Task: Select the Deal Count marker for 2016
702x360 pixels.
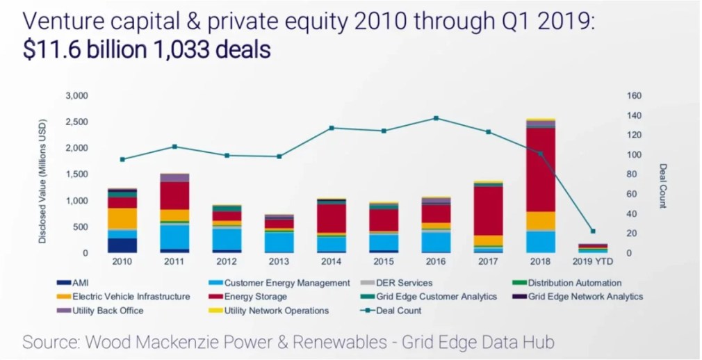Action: [x=436, y=118]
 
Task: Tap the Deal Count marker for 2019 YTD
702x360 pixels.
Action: [x=592, y=231]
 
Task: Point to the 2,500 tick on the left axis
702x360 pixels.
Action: [x=76, y=122]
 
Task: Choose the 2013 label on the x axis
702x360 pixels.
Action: [x=279, y=262]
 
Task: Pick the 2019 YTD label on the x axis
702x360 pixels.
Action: [x=592, y=262]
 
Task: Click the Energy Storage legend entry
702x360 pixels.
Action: [x=256, y=296]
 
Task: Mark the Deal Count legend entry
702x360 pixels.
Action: [x=398, y=310]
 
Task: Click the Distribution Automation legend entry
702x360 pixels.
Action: [x=574, y=283]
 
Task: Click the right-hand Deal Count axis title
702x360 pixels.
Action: [x=663, y=186]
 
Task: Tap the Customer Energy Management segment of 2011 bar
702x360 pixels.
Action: [x=175, y=236]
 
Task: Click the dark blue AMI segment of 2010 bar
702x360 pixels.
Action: [x=122, y=245]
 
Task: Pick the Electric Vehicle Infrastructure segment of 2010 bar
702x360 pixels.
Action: [x=122, y=218]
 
